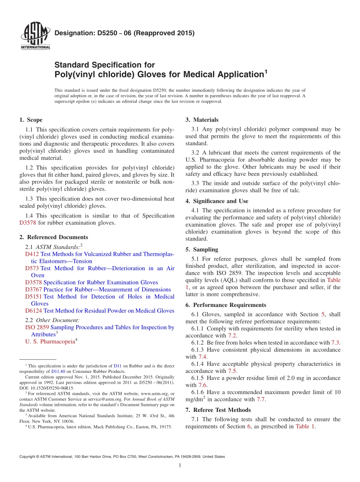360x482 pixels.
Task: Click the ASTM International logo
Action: [x=35, y=36]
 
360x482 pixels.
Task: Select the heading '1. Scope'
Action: [x=31, y=120]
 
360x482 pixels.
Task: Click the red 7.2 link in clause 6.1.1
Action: [x=232, y=336]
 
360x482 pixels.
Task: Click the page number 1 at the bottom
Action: [x=180, y=465]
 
